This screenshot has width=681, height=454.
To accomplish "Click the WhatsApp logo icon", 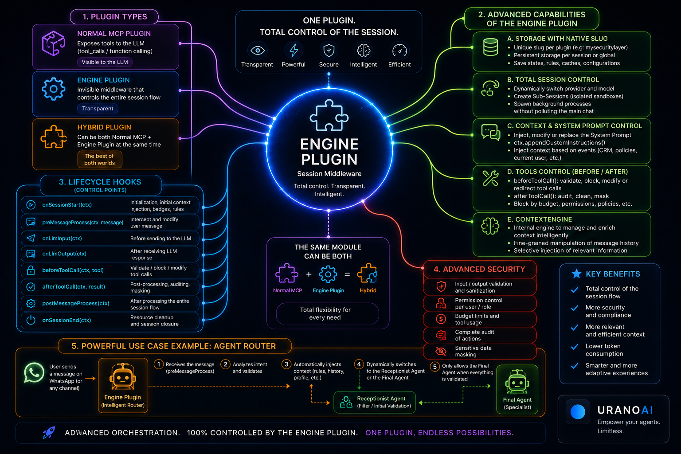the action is (34, 372).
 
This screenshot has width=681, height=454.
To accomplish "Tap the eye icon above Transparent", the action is (257, 51).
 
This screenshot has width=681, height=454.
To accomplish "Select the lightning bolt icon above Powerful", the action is (294, 51).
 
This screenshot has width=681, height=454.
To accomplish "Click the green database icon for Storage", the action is (490, 47).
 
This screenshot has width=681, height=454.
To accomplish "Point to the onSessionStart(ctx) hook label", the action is (67, 205).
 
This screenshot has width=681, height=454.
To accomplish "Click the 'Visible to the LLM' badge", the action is (105, 62).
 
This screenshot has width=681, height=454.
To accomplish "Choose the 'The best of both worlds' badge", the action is (99, 159).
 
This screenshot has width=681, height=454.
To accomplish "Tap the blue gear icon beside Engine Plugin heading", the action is (54, 89).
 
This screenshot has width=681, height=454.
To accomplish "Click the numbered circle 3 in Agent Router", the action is (286, 364).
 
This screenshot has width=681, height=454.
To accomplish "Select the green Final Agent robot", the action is (517, 382).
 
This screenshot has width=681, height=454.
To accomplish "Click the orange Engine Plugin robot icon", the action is (123, 376).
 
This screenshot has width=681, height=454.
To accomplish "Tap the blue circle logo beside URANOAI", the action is (578, 412).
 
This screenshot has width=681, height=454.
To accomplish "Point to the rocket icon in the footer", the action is (49, 432).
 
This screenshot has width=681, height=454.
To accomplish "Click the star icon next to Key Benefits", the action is (576, 274).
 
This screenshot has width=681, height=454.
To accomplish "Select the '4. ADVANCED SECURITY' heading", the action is (479, 269).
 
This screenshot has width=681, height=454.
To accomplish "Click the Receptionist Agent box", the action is (375, 402).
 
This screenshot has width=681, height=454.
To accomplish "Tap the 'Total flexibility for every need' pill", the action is (328, 313).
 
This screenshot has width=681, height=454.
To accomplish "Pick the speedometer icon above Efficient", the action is (399, 51).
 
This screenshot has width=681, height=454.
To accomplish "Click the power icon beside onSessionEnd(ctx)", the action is (31, 320).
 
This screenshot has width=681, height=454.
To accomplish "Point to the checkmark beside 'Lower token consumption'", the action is (574, 347).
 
